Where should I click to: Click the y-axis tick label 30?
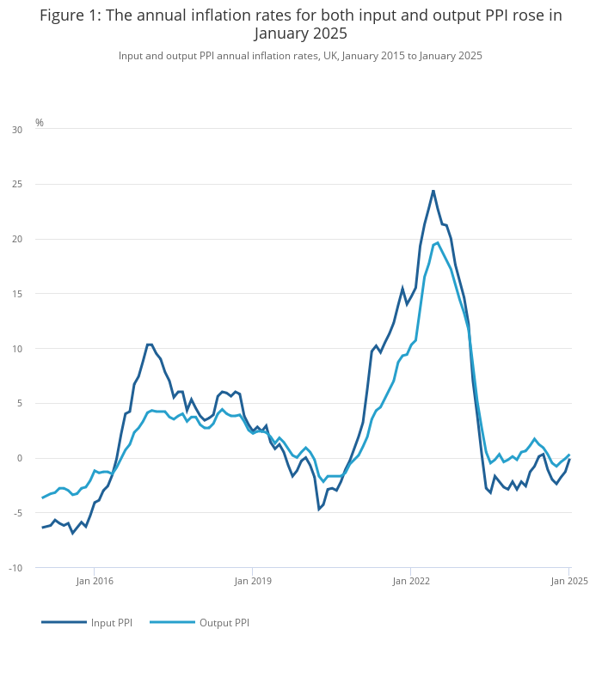coord(17,130)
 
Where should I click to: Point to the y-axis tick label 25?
coord(17,185)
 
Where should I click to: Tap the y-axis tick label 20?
coord(17,239)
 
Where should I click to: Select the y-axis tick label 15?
coord(17,294)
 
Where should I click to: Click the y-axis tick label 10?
coord(17,349)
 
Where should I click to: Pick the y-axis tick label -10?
coord(15,568)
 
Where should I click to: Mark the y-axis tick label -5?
coord(17,513)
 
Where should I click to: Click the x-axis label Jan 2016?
coord(94,581)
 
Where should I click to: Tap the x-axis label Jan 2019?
coord(252,581)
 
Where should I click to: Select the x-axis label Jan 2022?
coord(410,581)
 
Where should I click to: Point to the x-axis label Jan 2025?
coord(569,581)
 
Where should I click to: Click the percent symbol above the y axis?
coord(40,123)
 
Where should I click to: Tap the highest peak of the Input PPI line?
coord(433,191)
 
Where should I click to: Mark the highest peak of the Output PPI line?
coord(438,242)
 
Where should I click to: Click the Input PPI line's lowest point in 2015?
coord(73,533)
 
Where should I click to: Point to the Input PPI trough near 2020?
coord(319,509)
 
